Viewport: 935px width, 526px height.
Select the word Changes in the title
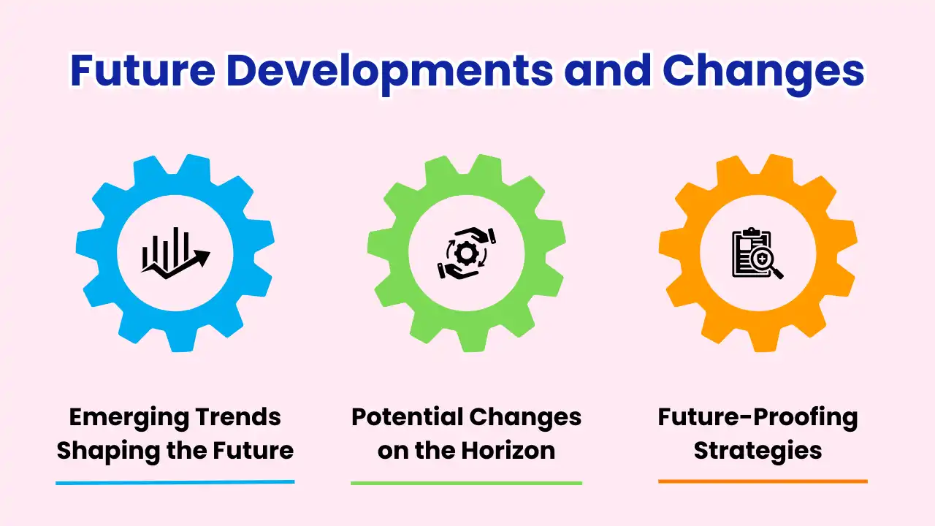point(763,72)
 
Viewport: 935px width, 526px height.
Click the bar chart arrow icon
point(175,253)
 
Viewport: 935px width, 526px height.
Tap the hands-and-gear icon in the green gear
point(466,253)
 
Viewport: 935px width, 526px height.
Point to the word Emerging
point(119,417)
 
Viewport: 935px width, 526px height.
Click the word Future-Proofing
point(757,417)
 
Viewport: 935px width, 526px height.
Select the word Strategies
point(757,450)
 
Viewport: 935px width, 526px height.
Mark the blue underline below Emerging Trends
point(175,482)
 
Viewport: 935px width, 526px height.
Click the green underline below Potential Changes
point(466,483)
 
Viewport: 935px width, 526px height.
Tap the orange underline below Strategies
point(763,481)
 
